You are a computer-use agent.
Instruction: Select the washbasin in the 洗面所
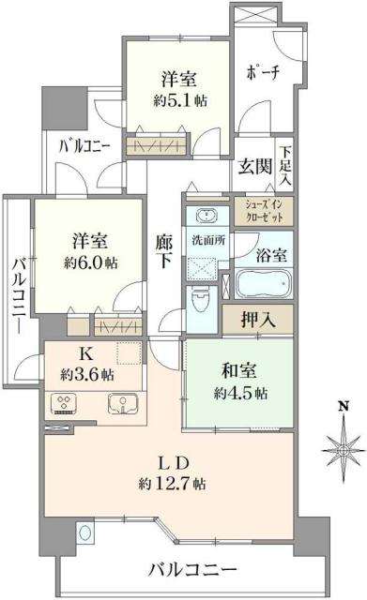(202, 212)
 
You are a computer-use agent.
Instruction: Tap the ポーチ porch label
(262, 71)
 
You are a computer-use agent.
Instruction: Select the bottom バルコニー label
(194, 568)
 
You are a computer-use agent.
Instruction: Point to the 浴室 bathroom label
(270, 253)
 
